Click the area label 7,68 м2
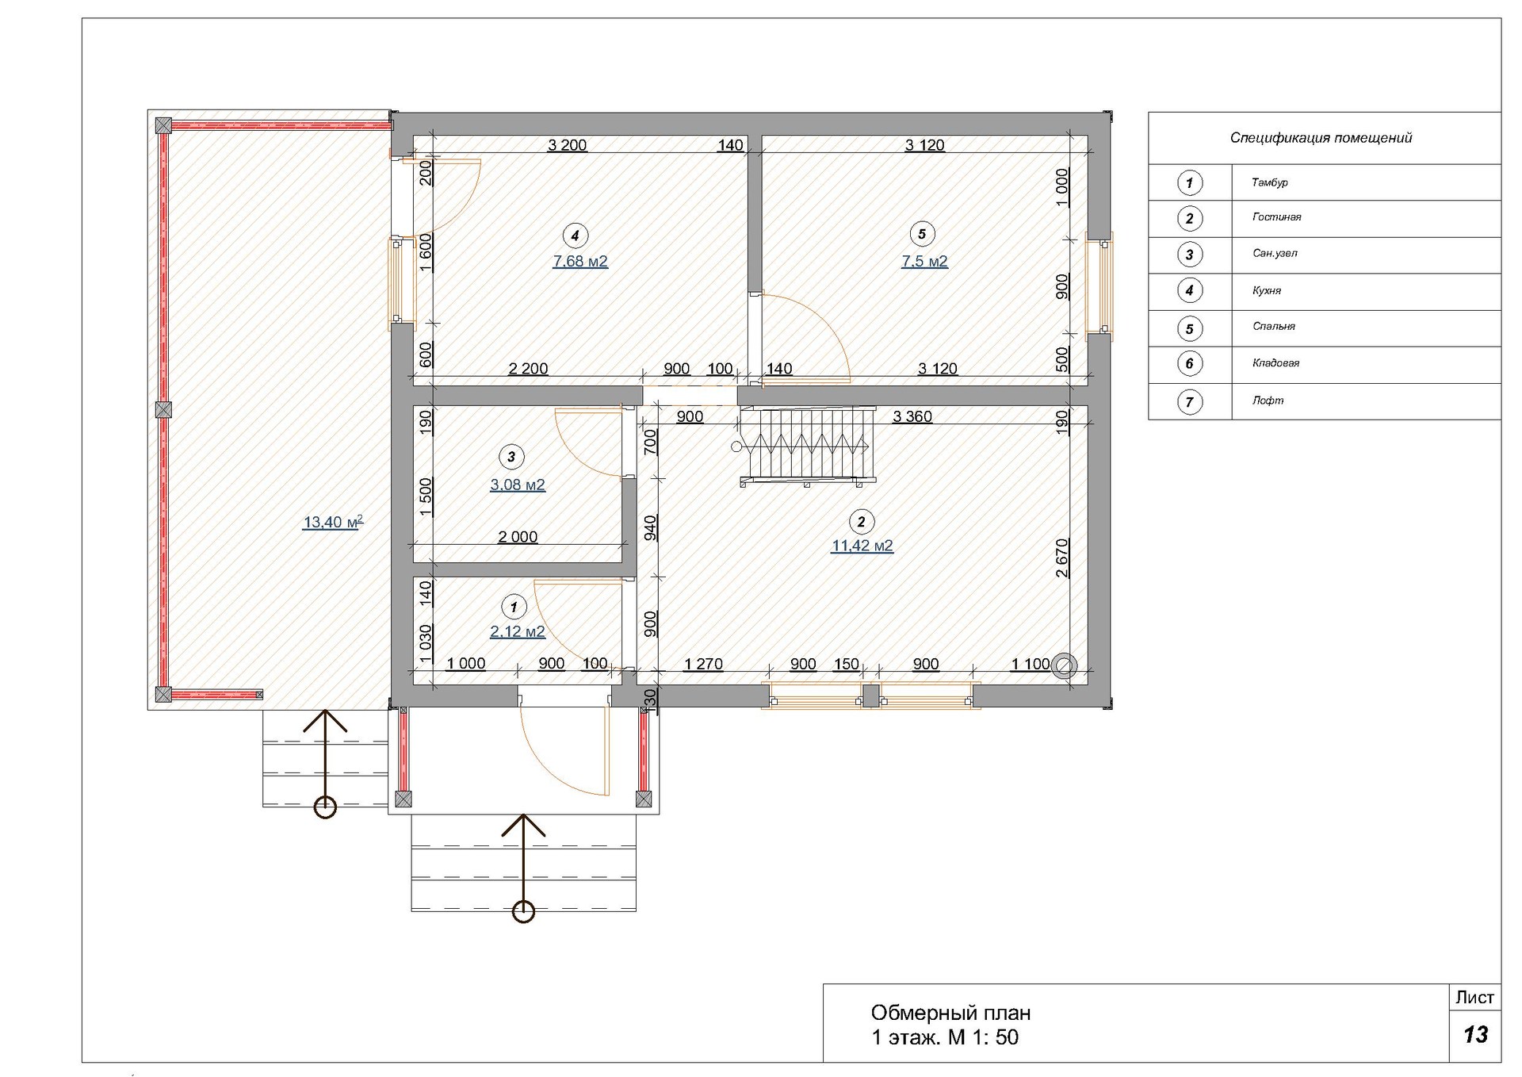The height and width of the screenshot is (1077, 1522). pos(580,261)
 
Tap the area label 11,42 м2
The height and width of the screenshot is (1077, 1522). pos(862,546)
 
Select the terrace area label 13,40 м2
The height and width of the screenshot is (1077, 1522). pos(333,522)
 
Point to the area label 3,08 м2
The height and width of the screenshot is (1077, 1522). pos(518,485)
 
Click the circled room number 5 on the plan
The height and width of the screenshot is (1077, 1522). pos(921,234)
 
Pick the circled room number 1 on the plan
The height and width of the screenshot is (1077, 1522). pos(514,607)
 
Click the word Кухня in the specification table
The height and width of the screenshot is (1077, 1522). pos(1267,290)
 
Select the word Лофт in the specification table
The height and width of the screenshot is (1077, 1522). pos(1268,401)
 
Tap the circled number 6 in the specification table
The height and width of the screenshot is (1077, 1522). pos(1189,364)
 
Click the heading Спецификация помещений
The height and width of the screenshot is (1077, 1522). pos(1321,138)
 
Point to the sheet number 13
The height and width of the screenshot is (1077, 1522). pos(1475,1034)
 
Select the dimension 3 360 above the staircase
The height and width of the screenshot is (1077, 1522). pos(912,416)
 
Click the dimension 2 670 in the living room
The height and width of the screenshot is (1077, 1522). pos(1062,558)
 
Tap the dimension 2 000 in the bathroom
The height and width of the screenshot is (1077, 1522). pos(518,537)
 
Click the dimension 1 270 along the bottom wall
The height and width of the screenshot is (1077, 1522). pos(703,664)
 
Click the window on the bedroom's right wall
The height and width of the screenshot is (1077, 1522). pos(1099,286)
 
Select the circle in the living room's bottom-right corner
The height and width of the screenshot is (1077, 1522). pos(1063,666)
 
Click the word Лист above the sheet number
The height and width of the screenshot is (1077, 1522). pos(1474,997)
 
